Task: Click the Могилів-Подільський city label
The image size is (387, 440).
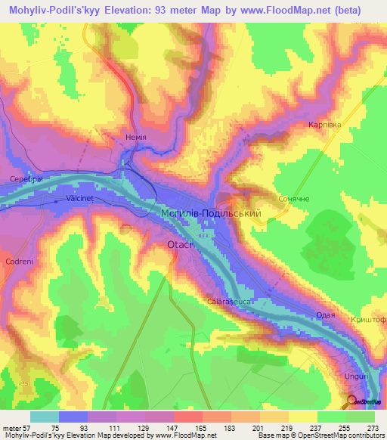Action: (x=211, y=215)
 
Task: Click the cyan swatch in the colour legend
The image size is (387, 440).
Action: (x=44, y=417)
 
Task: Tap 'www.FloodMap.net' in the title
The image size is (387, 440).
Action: (x=282, y=10)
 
